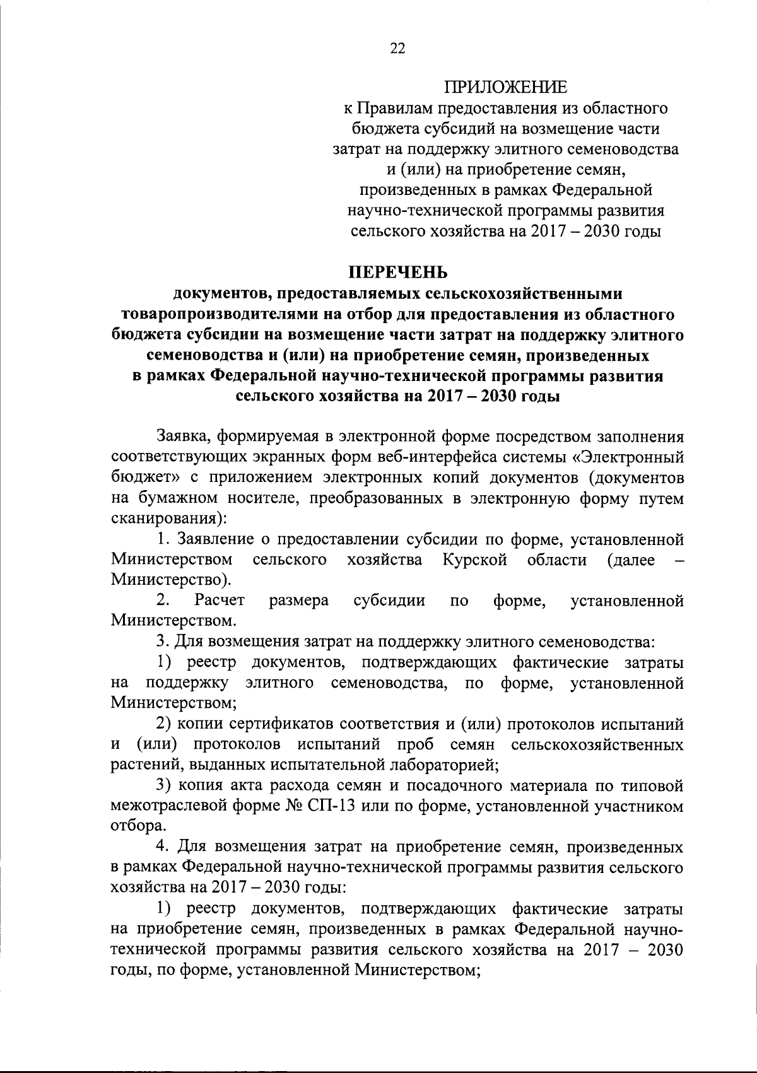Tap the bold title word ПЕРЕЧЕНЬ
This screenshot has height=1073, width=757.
[x=398, y=273]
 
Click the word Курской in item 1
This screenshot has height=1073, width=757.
[x=474, y=560]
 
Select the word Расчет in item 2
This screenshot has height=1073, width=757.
[x=220, y=601]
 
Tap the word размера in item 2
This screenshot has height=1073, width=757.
[x=298, y=601]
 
